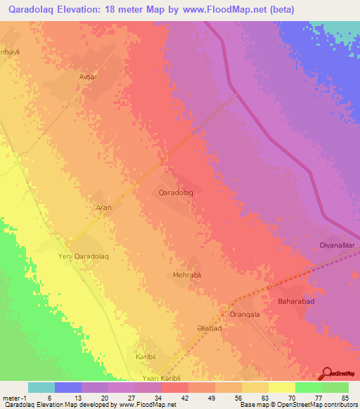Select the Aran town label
(x=103, y=208)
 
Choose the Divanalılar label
(x=336, y=245)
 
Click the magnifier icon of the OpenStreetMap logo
(x=328, y=373)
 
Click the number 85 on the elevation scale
(x=345, y=398)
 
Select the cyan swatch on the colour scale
(x=41, y=387)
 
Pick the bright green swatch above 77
(x=307, y=387)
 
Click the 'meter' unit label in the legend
(x=10, y=398)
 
